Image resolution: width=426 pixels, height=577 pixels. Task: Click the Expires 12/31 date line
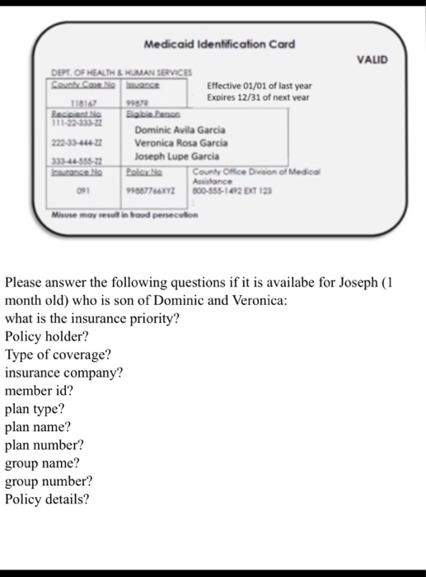pyautogui.click(x=257, y=96)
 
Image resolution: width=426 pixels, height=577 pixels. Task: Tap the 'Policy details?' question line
pyautogui.click(x=47, y=499)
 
